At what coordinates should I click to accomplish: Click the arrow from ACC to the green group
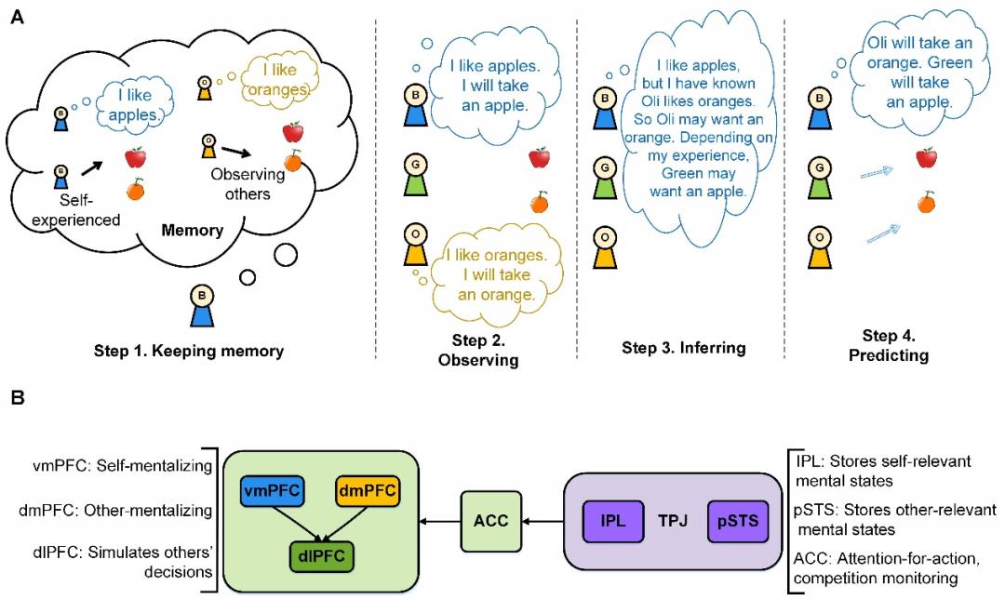[440, 522]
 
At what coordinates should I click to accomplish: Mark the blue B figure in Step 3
[605, 105]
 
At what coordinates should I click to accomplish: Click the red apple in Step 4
[925, 158]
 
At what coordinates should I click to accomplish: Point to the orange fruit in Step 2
[539, 201]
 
